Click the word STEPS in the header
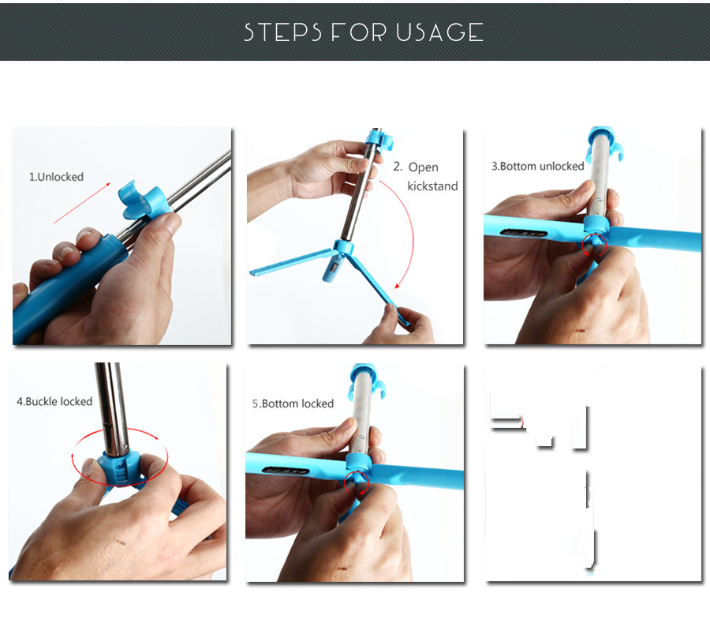coord(282,32)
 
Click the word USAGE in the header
coord(439,32)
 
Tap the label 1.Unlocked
coord(56,177)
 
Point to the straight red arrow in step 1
coord(82,203)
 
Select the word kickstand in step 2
coord(432,186)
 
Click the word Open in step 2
coord(424,167)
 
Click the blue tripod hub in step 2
coord(344,248)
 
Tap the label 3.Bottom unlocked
coord(538,167)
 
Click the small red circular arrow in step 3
coord(593,245)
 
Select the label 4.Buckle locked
coord(54,402)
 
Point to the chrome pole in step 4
coord(112,408)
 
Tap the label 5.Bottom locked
coord(293,404)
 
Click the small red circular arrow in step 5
coord(357,482)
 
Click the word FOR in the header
coord(359,32)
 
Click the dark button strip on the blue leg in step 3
coord(524,233)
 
